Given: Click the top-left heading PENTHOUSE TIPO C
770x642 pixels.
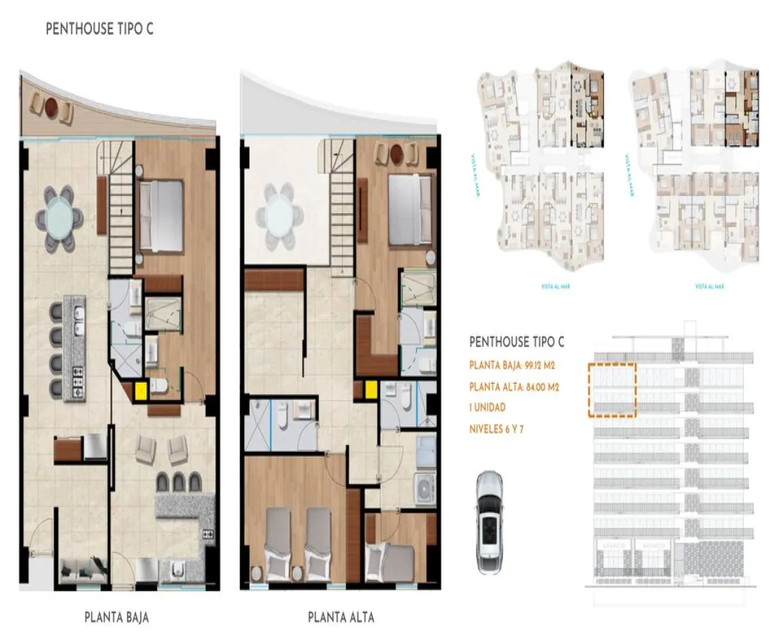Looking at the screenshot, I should click(99, 30).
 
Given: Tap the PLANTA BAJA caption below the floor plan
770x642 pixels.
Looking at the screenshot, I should click(117, 618).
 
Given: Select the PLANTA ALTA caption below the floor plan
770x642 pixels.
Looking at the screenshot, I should click(341, 618).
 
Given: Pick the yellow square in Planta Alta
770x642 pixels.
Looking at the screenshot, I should click(370, 389).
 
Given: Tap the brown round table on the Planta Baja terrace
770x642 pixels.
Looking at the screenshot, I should click(51, 110).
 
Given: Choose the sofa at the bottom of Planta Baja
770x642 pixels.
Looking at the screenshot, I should click(83, 569).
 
